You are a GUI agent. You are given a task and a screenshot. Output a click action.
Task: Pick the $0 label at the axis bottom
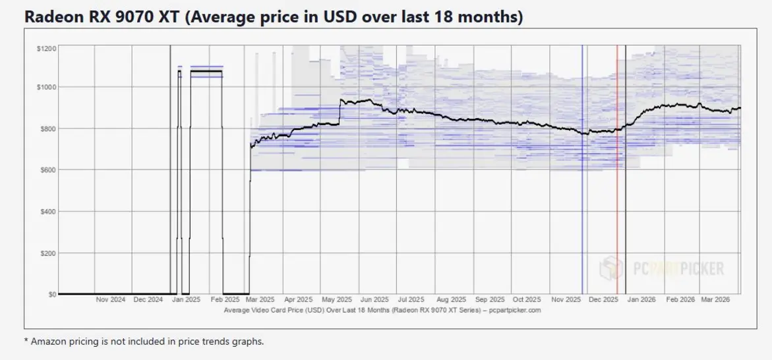click(51, 295)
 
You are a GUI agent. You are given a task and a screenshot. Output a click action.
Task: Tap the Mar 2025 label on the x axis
click(260, 299)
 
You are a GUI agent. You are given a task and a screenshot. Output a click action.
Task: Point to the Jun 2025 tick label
click(374, 299)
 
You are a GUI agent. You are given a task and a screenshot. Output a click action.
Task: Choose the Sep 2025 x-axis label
click(490, 299)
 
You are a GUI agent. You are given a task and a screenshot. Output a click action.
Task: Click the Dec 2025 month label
click(603, 299)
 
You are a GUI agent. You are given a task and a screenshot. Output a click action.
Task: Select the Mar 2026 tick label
click(715, 299)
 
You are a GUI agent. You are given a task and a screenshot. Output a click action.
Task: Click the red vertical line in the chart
click(617, 170)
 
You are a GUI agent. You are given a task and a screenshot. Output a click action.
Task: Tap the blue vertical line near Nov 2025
click(582, 170)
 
